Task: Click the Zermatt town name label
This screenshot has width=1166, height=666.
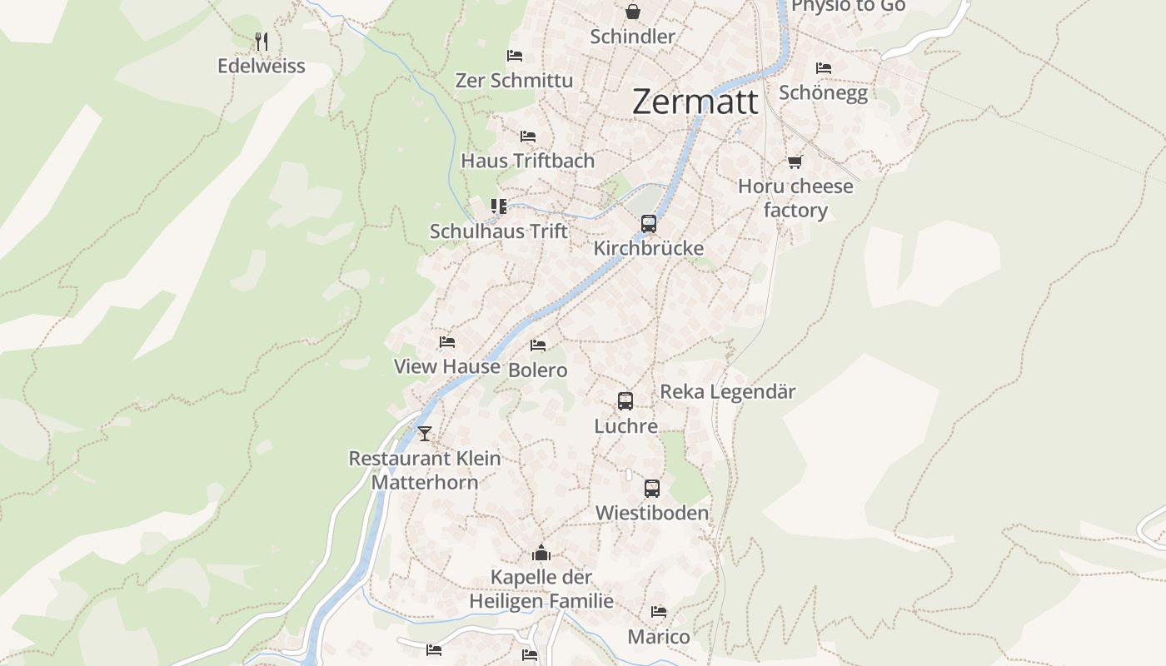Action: pos(695,102)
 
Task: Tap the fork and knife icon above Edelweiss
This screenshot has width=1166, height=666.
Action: pos(262,41)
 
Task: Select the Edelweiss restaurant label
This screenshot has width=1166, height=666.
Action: pos(262,67)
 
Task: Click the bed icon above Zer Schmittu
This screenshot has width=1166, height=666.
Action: pos(515,56)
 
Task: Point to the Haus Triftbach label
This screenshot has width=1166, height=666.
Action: pos(528,161)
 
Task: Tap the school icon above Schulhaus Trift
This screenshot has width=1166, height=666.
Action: pos(498,206)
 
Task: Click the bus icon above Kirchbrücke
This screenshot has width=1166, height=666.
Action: pos(649,223)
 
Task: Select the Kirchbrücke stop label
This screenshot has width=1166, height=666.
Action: pos(649,248)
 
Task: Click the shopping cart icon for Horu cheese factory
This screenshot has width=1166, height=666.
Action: pos(795,162)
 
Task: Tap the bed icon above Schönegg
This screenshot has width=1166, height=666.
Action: pos(824,67)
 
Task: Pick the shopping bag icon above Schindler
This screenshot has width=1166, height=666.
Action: pos(633,12)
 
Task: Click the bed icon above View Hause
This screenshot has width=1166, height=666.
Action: pos(447,342)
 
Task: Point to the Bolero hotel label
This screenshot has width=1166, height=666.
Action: pos(538,370)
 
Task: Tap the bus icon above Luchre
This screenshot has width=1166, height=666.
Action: pos(625,401)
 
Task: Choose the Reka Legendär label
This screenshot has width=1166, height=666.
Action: pos(728,392)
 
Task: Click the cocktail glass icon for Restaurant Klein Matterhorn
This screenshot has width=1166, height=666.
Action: pos(425,433)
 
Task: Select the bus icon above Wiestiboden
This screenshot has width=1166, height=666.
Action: pos(652,489)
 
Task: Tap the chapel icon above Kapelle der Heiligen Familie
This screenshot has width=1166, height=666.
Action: pos(541,553)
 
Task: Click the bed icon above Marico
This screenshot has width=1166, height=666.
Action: pos(659,612)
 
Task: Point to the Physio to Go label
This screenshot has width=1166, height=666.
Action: pos(848,7)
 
